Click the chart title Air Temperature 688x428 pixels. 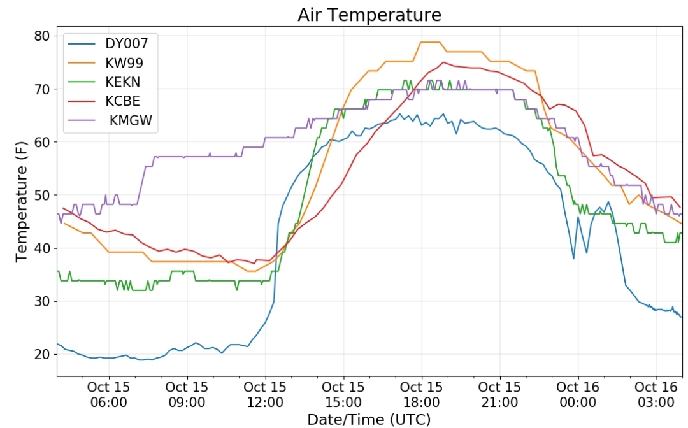(x=369, y=15)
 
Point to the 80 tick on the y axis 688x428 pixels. (x=42, y=36)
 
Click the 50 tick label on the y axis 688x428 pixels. (x=42, y=195)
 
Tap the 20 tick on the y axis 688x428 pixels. (x=42, y=354)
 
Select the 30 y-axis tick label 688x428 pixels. (x=42, y=301)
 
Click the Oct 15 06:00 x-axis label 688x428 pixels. (x=108, y=395)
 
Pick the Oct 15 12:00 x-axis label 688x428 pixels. (x=265, y=395)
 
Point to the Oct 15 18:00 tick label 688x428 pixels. (x=422, y=395)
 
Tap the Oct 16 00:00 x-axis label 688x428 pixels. (x=578, y=395)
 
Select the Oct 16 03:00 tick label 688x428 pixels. (x=656, y=395)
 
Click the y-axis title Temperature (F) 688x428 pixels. (x=21, y=201)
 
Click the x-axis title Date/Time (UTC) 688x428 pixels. (x=369, y=419)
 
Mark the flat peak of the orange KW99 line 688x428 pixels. (x=430, y=42)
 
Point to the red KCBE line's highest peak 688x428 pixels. (x=443, y=62)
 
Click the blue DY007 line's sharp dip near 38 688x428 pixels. (x=573, y=259)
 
